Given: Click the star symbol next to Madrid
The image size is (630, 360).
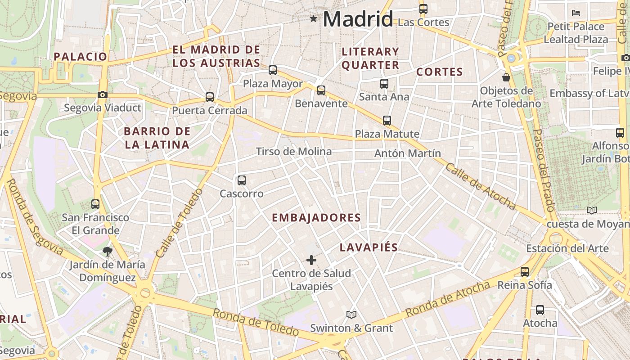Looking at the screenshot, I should tap(314, 19).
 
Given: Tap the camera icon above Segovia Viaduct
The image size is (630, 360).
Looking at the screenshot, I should tap(103, 94).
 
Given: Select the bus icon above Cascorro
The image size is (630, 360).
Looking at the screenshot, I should tap(242, 180).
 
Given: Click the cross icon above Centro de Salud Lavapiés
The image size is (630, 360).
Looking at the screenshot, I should tap(311, 260).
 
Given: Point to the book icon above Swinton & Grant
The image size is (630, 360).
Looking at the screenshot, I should tap(351, 315).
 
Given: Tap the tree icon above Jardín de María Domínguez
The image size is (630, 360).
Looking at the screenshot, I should tap(107, 251).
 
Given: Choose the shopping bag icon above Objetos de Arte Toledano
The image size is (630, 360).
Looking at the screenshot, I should tap(506, 77).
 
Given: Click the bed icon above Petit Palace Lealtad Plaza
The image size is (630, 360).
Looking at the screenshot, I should tap(576, 13).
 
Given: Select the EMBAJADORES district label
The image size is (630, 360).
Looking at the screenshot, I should tap(316, 218).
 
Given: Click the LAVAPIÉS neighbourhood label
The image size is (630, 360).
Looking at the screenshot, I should tap(369, 247).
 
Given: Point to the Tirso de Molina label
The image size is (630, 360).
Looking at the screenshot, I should tap(294, 152).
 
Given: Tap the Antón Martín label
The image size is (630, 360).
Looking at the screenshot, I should tap(408, 153).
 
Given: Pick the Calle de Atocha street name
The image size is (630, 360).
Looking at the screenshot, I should tap(480, 186).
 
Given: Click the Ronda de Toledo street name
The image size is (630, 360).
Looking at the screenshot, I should tap(255, 322).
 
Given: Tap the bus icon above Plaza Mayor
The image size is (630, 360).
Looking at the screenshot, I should tap(273, 70).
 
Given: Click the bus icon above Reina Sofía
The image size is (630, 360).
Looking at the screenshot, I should tap(525, 272).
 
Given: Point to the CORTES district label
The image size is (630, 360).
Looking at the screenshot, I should tap(440, 72).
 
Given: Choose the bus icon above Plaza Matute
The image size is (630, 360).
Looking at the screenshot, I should tap(387, 121).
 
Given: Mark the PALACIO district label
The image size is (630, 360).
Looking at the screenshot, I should tap(81, 57).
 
